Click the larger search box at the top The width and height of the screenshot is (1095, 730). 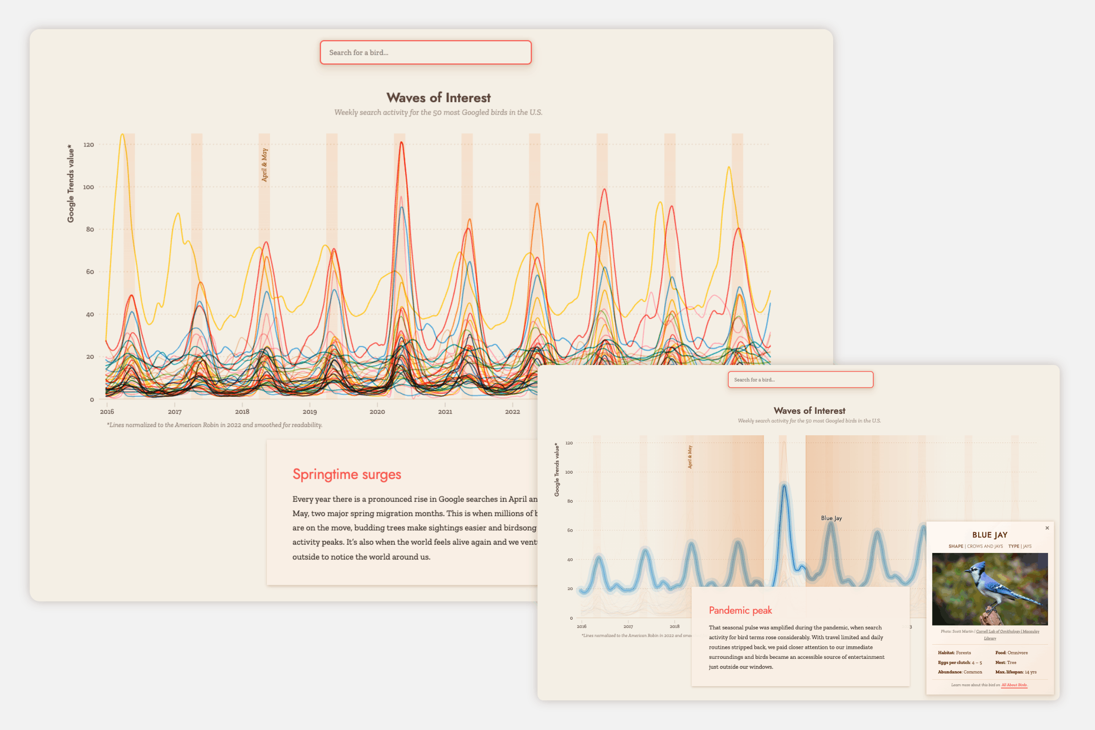click(426, 52)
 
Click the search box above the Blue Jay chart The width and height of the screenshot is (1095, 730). click(800, 380)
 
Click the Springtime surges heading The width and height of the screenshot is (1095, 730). click(347, 474)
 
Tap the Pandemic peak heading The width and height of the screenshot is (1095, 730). click(740, 610)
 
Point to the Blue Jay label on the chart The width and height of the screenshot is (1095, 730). click(831, 518)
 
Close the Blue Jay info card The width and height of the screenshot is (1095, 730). click(1047, 528)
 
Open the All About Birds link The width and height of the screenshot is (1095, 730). click(1014, 685)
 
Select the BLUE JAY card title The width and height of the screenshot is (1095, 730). click(990, 535)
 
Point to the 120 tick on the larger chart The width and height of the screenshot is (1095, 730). click(89, 145)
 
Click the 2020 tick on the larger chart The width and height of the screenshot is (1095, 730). click(377, 412)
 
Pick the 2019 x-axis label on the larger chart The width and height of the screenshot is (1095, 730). click(310, 412)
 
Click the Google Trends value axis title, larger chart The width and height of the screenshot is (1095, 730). click(71, 183)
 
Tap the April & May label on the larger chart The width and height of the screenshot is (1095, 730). click(265, 165)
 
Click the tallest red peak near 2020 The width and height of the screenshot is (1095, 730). click(401, 142)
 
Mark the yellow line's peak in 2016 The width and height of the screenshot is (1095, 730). click(122, 135)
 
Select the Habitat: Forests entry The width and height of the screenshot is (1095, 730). click(954, 653)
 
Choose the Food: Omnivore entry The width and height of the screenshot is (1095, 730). click(1011, 653)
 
